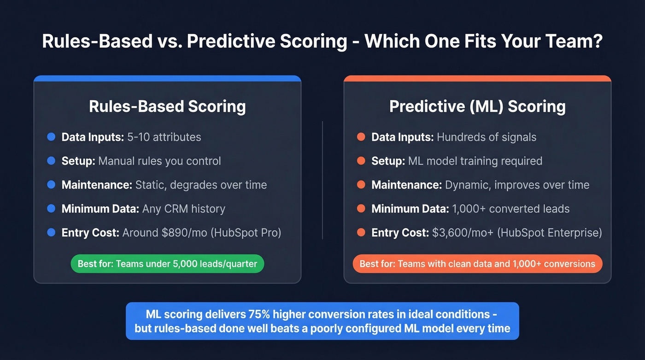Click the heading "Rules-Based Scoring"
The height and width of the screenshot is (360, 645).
coord(167,106)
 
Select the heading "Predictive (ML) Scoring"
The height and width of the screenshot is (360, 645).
coord(477,106)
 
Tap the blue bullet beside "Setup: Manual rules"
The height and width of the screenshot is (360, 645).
coord(51,161)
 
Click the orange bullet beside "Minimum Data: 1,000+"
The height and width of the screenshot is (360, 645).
coord(361,209)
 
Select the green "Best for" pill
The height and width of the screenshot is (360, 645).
coord(167,264)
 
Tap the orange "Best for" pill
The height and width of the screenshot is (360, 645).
coord(477,264)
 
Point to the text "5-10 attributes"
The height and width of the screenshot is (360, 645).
coord(164,137)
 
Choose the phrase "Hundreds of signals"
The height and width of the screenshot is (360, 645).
coord(487,137)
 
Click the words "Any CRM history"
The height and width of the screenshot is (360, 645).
coord(184,209)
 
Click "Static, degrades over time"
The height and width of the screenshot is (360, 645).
coord(201,185)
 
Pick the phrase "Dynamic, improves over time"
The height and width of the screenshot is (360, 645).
coord(517,185)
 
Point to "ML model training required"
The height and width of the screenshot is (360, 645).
coord(475,161)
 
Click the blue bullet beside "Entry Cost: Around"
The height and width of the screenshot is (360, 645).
coord(51,233)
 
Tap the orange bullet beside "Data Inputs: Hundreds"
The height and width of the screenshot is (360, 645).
coord(361,137)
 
